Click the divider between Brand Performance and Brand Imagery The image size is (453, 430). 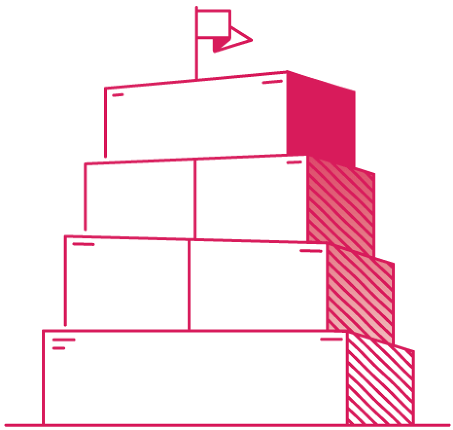click(189, 285)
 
